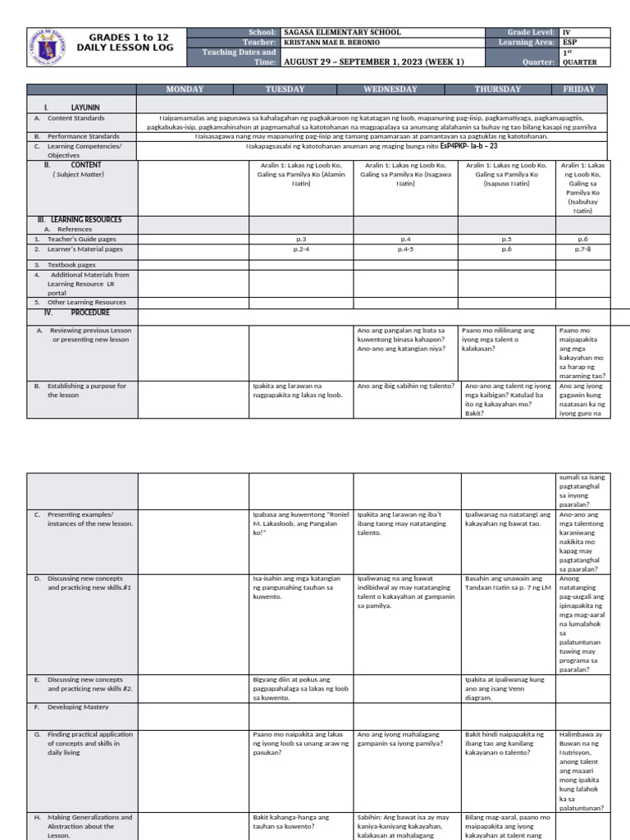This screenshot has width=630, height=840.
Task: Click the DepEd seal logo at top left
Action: [54, 47]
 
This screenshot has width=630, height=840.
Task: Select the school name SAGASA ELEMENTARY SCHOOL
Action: [342, 32]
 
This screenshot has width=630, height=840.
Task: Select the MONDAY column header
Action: [192, 89]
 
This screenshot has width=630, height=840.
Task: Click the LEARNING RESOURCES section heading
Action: [80, 220]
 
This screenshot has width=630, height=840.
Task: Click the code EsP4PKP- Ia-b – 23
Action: [468, 146]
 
